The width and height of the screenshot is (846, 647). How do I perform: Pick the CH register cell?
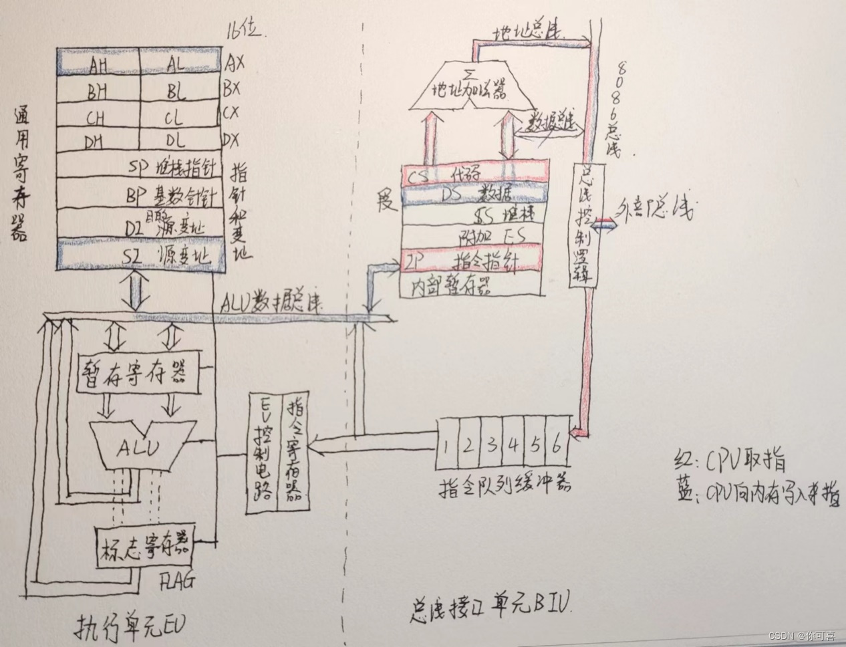[96, 118]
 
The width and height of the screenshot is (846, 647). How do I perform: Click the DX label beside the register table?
[231, 139]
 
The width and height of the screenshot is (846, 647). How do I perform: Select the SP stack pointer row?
[140, 167]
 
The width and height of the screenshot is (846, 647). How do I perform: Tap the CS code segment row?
[474, 173]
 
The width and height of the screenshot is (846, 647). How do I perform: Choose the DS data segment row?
[474, 195]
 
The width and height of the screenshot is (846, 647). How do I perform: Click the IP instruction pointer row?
[474, 260]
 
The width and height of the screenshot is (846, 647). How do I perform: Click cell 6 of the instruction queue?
[557, 442]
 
